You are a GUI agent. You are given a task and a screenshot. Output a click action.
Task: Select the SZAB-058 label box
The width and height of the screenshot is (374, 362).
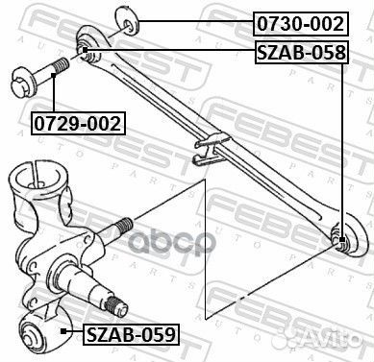(x=300, y=54)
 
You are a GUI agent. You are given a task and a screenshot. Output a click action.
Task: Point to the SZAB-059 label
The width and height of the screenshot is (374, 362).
(x=131, y=334)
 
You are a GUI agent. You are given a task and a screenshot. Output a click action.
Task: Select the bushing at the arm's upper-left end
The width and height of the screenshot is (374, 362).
(x=84, y=50)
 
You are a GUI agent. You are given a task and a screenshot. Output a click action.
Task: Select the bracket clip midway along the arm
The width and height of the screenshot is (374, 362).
(x=207, y=146)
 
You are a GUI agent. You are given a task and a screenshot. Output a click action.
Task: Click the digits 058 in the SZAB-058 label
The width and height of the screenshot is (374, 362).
(x=326, y=54)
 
